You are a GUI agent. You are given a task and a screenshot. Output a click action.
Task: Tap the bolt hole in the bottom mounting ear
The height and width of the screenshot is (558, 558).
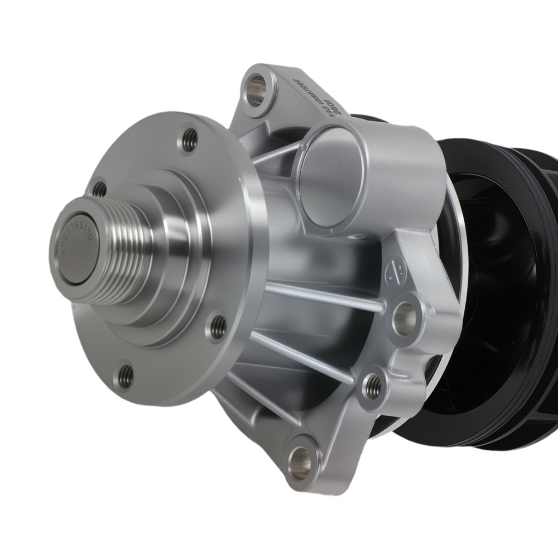coord(302,459)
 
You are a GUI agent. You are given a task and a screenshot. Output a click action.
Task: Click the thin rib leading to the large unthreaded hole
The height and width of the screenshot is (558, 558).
coord(324,296)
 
